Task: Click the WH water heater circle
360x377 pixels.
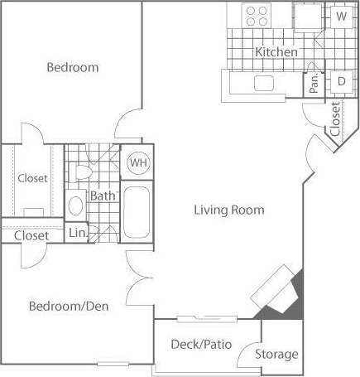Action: pos(137,163)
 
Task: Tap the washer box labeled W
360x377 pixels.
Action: pos(341,16)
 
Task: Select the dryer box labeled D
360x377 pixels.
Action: pos(341,81)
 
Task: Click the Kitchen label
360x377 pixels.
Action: pos(276,52)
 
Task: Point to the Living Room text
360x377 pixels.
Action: pos(229,210)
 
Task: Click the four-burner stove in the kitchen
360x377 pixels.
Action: pos(258,14)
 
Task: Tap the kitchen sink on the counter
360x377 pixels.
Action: pos(264,82)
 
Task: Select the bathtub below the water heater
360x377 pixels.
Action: pos(137,211)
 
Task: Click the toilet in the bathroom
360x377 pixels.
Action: pos(82,172)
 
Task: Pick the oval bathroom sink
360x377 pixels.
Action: pos(75,205)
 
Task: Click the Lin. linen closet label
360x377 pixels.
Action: pos(76,234)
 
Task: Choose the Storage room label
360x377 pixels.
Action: pos(276,355)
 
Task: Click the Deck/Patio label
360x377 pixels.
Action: pos(201,344)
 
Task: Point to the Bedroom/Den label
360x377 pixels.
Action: pos(69,306)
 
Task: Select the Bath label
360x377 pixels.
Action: pos(103,196)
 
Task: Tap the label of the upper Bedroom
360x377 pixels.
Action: pos(72,67)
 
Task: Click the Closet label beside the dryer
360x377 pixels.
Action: pos(335,118)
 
